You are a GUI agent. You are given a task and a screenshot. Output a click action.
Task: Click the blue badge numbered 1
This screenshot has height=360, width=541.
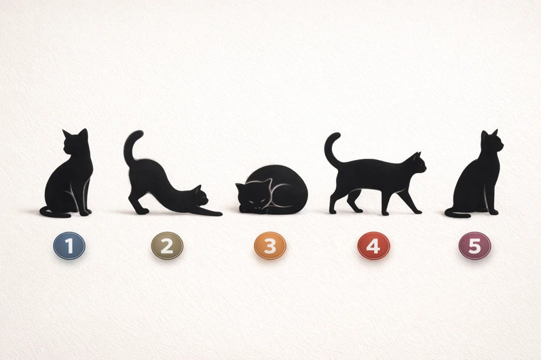[69, 245]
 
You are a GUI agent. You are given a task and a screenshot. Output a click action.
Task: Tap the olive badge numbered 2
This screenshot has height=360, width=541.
[167, 245]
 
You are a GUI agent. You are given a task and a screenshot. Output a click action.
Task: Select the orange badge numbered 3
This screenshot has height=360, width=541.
[270, 245]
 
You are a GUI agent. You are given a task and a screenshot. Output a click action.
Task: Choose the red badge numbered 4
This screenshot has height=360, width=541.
[374, 245]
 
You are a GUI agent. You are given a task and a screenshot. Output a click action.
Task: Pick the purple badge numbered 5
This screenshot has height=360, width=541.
[475, 245]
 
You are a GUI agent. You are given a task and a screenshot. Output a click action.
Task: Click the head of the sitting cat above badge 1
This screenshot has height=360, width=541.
[75, 143]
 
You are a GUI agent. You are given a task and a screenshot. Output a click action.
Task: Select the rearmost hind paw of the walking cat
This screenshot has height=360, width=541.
[332, 211]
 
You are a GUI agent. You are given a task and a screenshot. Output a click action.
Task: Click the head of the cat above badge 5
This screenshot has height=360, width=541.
[491, 142]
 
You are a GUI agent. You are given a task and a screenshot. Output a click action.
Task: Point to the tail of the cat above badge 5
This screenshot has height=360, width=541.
[457, 214]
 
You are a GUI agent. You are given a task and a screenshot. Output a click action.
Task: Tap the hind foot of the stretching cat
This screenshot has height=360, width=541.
[141, 211]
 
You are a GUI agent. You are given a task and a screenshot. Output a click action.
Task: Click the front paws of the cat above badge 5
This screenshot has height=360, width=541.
[493, 212]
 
